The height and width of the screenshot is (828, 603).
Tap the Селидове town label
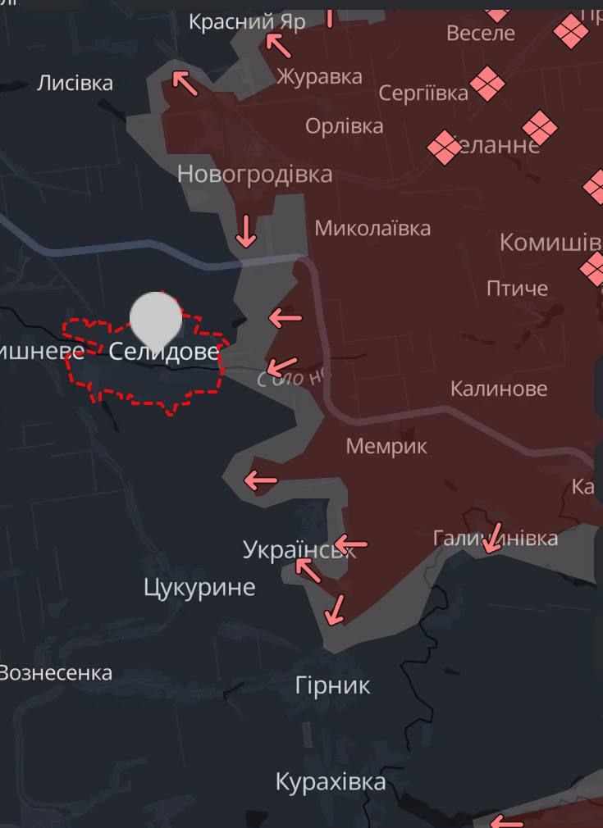(x=164, y=352)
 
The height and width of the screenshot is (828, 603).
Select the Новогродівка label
(x=254, y=174)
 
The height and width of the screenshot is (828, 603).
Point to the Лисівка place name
(x=75, y=83)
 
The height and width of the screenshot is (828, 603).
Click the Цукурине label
(x=199, y=587)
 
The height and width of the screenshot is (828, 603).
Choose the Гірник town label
(x=333, y=685)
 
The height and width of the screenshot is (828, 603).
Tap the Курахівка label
(x=331, y=781)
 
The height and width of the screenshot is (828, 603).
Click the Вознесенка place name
(x=55, y=673)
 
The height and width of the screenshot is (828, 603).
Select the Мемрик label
(x=386, y=446)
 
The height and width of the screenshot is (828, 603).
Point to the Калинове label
(x=499, y=388)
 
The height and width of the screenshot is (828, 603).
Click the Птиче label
(x=517, y=288)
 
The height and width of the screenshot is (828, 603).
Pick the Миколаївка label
(x=372, y=228)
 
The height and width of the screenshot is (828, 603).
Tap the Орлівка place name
(x=345, y=126)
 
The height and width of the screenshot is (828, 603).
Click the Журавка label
(x=319, y=77)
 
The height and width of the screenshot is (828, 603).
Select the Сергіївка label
(x=423, y=93)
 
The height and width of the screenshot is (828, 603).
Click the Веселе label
(x=481, y=33)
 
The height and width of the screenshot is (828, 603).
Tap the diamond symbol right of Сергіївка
(x=487, y=84)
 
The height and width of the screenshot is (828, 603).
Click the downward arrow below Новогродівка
(x=245, y=231)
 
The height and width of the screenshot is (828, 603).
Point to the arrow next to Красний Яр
(x=280, y=45)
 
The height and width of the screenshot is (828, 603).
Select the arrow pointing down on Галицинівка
(x=493, y=538)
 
